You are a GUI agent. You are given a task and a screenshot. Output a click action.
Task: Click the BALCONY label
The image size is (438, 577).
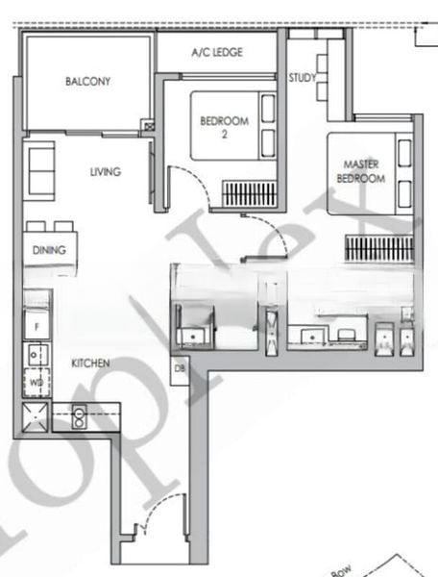88,82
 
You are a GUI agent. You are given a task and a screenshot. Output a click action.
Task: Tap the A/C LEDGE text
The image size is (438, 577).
217,52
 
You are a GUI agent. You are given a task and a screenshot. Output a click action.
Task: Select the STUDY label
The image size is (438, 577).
302,78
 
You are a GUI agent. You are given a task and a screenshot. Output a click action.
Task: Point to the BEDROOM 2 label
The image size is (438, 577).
224,127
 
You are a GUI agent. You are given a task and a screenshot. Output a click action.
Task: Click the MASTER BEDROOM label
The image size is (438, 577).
360,171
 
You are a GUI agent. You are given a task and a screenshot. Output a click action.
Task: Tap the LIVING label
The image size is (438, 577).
106,172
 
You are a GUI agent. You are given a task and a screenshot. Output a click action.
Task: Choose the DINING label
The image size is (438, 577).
49,250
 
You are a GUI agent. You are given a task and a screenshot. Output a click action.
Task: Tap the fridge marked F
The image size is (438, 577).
36,326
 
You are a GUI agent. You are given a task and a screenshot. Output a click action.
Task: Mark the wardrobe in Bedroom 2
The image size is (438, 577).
251,194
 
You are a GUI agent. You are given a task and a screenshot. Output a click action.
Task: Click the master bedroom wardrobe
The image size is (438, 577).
378,249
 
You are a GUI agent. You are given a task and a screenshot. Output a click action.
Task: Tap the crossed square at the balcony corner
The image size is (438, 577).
147,124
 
